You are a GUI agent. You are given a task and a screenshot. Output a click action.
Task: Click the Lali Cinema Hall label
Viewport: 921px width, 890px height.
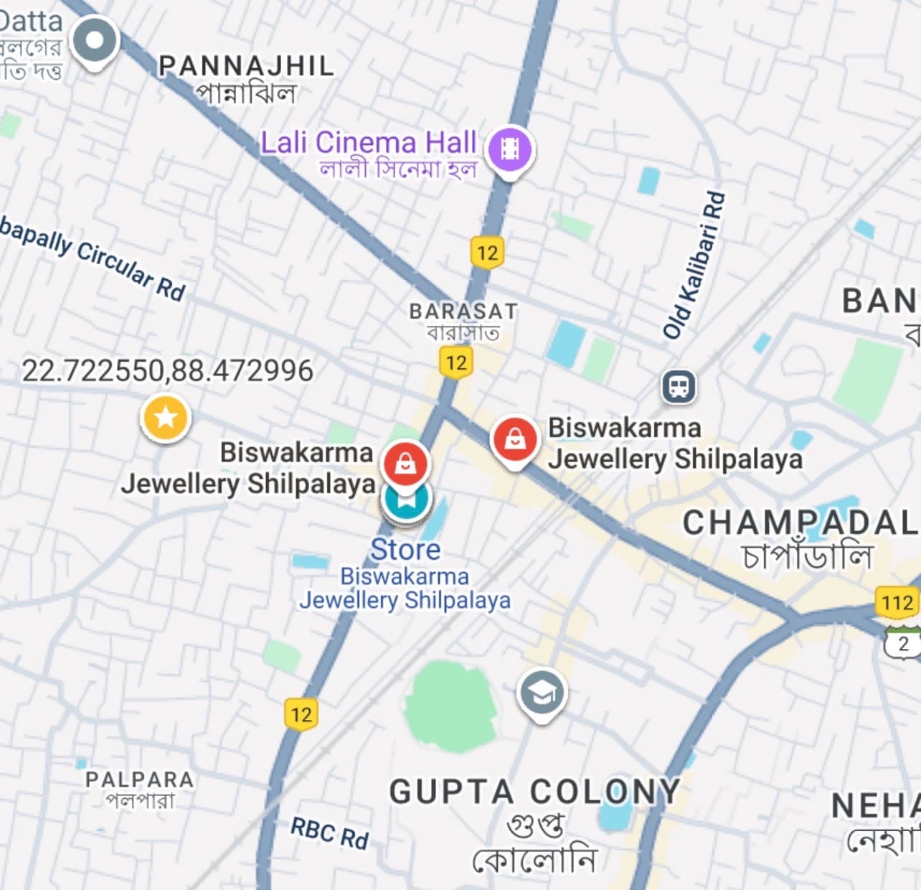[368, 143]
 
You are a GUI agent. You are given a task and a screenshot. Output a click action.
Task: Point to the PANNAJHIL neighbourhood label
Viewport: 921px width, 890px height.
[246, 66]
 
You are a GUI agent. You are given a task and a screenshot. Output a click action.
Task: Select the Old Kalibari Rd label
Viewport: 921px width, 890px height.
[694, 264]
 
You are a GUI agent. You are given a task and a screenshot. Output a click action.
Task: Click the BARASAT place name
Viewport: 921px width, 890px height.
[463, 311]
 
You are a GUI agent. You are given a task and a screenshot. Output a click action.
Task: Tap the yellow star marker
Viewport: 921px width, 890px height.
[166, 417]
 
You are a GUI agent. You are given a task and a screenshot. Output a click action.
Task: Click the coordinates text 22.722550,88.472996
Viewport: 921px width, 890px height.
[167, 370]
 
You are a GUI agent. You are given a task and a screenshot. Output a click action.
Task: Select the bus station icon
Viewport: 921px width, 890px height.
[679, 386]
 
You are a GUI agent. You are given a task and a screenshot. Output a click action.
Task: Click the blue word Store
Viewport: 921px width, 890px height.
[405, 550]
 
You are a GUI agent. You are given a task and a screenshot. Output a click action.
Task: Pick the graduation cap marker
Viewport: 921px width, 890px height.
[542, 693]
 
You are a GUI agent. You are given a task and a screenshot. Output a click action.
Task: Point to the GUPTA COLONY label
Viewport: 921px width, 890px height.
[534, 792]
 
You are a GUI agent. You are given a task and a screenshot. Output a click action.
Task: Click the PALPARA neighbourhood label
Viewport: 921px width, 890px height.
[140, 779]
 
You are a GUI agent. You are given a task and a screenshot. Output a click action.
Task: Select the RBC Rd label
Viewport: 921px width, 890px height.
[329, 833]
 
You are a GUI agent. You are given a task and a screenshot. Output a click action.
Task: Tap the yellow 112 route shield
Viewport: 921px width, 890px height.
[897, 602]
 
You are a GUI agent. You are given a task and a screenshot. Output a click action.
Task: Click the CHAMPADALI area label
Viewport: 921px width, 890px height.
[800, 523]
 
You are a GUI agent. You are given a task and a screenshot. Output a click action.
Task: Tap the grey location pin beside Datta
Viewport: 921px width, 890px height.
[95, 40]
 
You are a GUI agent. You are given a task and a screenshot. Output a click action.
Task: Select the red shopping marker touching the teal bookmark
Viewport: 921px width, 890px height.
[405, 463]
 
